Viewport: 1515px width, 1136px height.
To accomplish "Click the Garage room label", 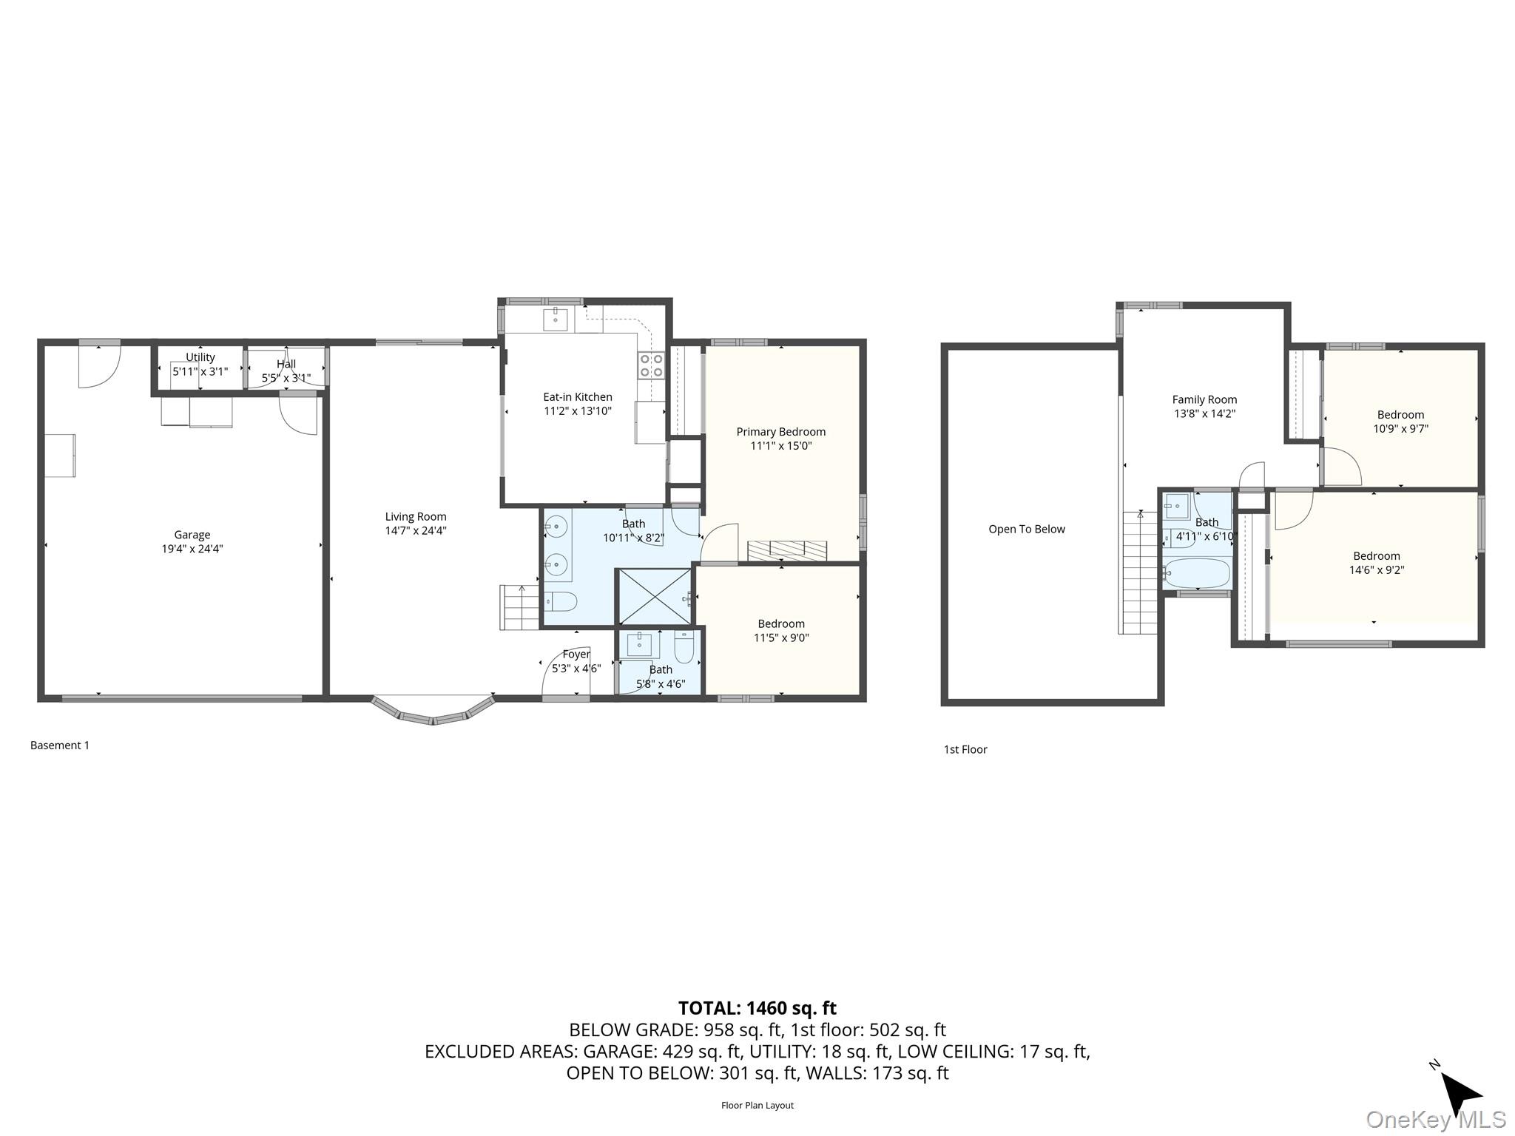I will (x=192, y=535).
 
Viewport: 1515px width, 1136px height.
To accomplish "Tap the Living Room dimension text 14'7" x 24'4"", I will (x=416, y=530).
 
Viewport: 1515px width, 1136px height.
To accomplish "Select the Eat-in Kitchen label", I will (x=578, y=397).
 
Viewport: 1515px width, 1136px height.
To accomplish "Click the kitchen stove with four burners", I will (x=651, y=365).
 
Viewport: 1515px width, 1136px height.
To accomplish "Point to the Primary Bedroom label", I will (x=780, y=432).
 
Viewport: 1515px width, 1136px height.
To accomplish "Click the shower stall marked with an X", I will (x=654, y=596).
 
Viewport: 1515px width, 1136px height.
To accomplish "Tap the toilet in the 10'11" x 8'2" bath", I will (x=560, y=602).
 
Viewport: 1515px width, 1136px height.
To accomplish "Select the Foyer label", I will (x=576, y=654).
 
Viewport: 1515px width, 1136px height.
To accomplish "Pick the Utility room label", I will (x=200, y=357).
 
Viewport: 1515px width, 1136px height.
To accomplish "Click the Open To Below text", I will (x=1027, y=529).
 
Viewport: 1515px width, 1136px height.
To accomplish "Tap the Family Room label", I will (x=1204, y=399).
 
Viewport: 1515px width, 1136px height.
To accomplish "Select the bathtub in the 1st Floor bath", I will (x=1196, y=572).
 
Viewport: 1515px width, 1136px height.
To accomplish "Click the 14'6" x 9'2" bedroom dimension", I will (x=1376, y=570).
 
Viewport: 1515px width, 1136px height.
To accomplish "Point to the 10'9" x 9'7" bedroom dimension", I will (x=1400, y=428).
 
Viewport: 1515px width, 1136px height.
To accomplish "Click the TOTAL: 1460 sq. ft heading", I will (x=757, y=1007).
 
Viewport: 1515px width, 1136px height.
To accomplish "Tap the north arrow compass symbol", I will (x=1460, y=1093).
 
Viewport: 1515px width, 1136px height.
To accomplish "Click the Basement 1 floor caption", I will (x=60, y=745).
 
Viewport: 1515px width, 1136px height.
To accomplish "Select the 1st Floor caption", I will (x=965, y=749).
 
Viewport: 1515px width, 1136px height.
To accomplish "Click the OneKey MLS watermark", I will (x=1435, y=1119).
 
